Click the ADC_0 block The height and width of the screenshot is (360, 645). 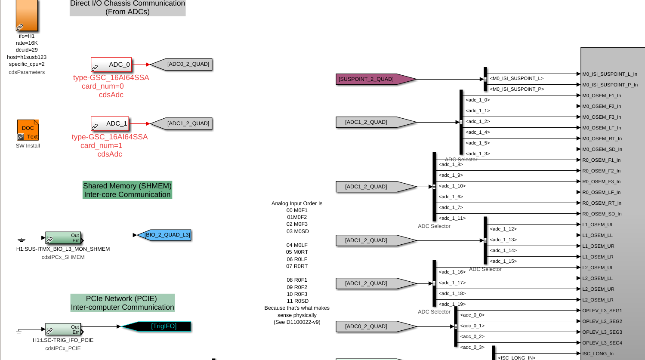pyautogui.click(x=111, y=65)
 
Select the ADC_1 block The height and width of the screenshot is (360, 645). pyautogui.click(x=110, y=124)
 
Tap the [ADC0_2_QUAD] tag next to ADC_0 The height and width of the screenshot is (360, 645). pyautogui.click(x=183, y=65)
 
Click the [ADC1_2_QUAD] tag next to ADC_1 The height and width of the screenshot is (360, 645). pyautogui.click(x=183, y=123)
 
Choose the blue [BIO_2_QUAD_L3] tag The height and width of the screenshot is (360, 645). pyautogui.click(x=165, y=235)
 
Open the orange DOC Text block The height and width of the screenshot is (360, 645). pyautogui.click(x=28, y=130)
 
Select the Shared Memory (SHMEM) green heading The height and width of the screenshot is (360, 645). pyautogui.click(x=127, y=190)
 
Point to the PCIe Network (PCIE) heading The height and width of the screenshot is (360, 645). pyautogui.click(x=122, y=303)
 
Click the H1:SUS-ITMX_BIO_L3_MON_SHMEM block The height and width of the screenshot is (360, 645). pyautogui.click(x=63, y=238)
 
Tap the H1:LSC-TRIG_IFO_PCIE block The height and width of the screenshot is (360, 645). pyautogui.click(x=63, y=329)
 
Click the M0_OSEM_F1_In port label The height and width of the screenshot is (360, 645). pyautogui.click(x=602, y=95)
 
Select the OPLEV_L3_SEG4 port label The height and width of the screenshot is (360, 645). pyautogui.click(x=602, y=343)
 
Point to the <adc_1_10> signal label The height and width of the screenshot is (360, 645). pyautogui.click(x=452, y=186)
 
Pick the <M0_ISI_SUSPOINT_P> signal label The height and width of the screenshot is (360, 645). pyautogui.click(x=517, y=89)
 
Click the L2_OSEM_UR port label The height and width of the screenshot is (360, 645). pyautogui.click(x=598, y=289)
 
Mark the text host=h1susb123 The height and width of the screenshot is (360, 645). pyautogui.click(x=27, y=57)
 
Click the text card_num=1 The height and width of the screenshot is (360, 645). pyautogui.click(x=102, y=145)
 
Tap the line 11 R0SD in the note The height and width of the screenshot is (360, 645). pyautogui.click(x=297, y=301)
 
